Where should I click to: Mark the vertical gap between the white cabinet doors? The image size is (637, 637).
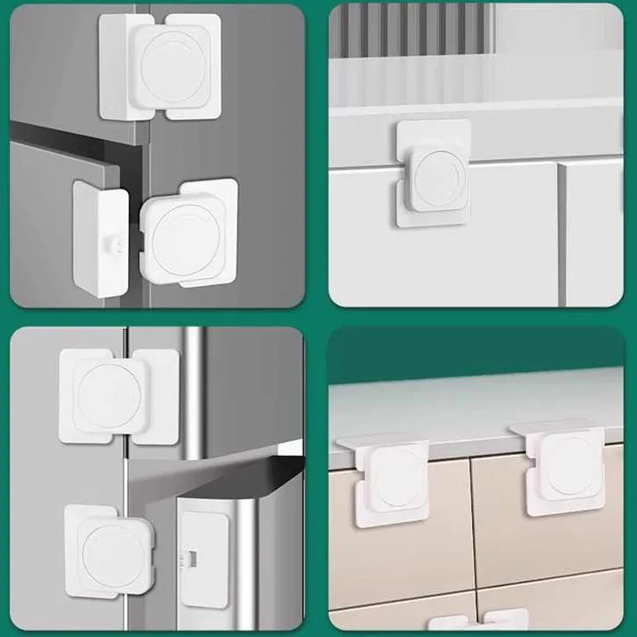point(561,231)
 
